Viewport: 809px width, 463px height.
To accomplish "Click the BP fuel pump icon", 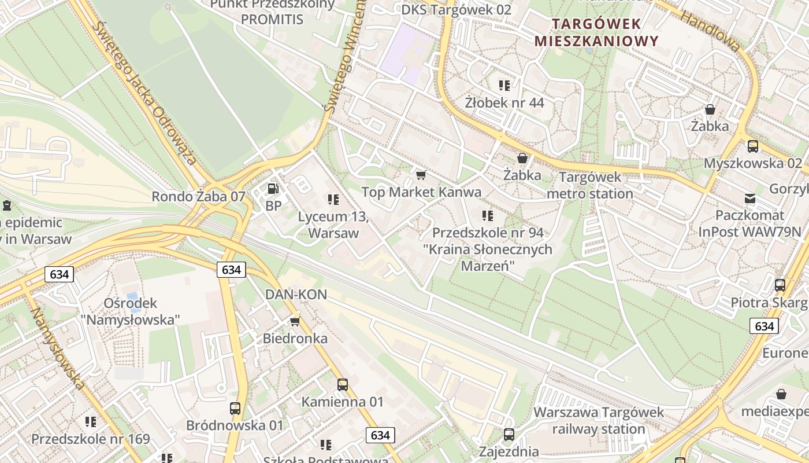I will coord(272,188).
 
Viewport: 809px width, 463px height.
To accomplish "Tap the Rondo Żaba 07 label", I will coord(198,196).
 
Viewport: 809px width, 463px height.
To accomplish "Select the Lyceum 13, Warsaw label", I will coord(333,225).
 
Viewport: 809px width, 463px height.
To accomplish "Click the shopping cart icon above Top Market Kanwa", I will coord(421,175).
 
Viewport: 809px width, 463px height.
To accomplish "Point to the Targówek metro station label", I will coord(590,185).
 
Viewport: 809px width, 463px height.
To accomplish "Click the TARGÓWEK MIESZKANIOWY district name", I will coord(596,32).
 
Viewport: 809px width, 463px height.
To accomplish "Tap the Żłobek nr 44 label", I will coord(504,103).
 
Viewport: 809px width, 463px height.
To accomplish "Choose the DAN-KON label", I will coord(296,295).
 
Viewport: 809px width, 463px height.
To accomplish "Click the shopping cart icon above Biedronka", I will coord(295,321).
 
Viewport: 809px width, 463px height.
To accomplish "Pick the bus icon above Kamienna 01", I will coord(343,384).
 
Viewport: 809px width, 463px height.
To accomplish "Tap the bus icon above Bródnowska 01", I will coord(235,408).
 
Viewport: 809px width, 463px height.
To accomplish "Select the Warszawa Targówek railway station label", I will coord(599,421).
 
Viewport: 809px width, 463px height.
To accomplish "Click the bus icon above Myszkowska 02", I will coord(752,146).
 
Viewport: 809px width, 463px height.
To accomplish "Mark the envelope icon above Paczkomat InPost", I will coord(749,199).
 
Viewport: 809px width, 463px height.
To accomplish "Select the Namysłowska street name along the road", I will coord(58,348).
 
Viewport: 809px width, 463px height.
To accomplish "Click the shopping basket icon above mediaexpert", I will coord(781,394).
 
